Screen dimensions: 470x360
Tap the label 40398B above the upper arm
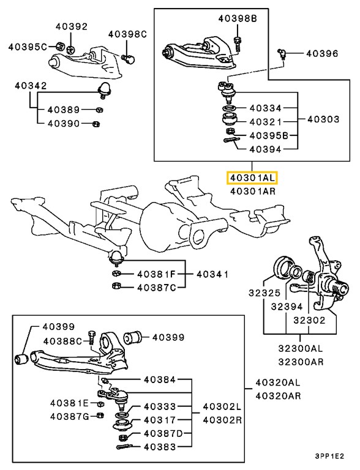point(236,19)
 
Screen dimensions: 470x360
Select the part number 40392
point(72,26)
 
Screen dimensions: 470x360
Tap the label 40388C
point(62,341)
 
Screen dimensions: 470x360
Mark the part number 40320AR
point(278,395)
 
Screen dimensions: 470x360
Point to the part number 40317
point(159,420)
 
